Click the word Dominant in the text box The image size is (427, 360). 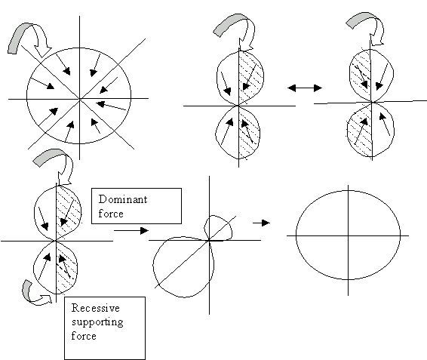123,199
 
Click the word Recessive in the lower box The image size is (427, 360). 96,308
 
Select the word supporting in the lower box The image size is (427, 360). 97,322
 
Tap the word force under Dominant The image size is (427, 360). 111,213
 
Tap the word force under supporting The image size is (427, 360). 84,336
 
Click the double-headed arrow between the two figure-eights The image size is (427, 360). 305,88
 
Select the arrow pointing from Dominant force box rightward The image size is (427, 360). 131,230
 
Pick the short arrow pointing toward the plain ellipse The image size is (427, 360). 261,223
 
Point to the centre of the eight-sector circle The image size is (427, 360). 79,99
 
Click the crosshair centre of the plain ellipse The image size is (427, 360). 349,235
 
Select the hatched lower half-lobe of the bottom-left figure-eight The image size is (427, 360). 66,269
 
